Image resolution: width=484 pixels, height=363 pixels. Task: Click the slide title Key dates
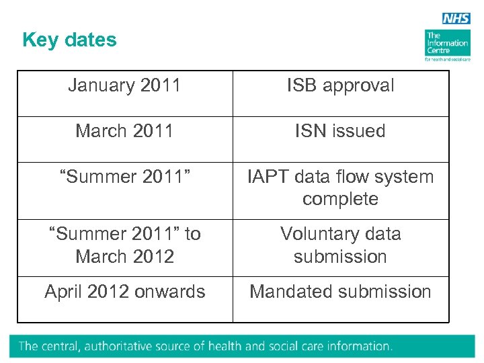pos(69,40)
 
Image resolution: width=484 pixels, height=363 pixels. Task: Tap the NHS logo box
pos(456,19)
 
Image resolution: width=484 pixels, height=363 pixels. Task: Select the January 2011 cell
pos(124,86)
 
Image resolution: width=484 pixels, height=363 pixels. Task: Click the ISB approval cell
pos(340,86)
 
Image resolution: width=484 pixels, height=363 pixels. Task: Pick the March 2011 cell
pos(124,131)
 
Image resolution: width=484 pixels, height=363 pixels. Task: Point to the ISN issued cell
pos(340,131)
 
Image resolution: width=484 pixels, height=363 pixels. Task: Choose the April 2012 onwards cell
pos(124,292)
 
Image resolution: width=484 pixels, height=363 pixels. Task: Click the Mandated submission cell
pos(340,292)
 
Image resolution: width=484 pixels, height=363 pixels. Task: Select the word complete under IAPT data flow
pos(340,200)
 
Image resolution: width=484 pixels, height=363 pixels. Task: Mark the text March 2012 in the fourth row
pos(124,257)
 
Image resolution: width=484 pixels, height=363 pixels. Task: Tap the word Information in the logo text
pos(447,43)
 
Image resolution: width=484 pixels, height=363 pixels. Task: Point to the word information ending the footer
pos(357,347)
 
